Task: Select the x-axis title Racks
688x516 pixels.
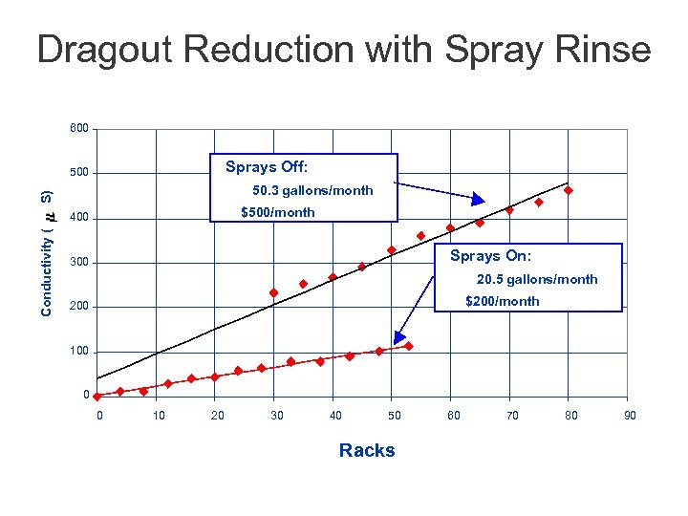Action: point(367,451)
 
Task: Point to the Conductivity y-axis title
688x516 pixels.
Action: point(47,251)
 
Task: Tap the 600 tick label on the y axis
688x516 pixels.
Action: point(79,128)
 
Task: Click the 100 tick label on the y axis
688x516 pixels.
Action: point(79,351)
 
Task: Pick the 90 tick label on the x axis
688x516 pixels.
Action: point(630,415)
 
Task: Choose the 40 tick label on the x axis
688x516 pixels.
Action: point(335,415)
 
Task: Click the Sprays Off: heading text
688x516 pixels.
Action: point(267,167)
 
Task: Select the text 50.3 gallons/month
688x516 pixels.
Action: point(312,190)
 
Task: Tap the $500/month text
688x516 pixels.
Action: point(277,212)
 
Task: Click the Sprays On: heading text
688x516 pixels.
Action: point(490,256)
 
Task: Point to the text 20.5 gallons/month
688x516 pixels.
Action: point(537,279)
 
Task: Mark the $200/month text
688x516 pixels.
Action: point(502,301)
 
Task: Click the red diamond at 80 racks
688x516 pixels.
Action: point(569,191)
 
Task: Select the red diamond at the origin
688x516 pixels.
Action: point(97,397)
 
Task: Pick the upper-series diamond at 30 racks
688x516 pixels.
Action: point(274,292)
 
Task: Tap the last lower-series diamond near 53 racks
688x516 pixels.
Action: point(409,346)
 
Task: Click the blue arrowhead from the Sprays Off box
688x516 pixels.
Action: point(480,199)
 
